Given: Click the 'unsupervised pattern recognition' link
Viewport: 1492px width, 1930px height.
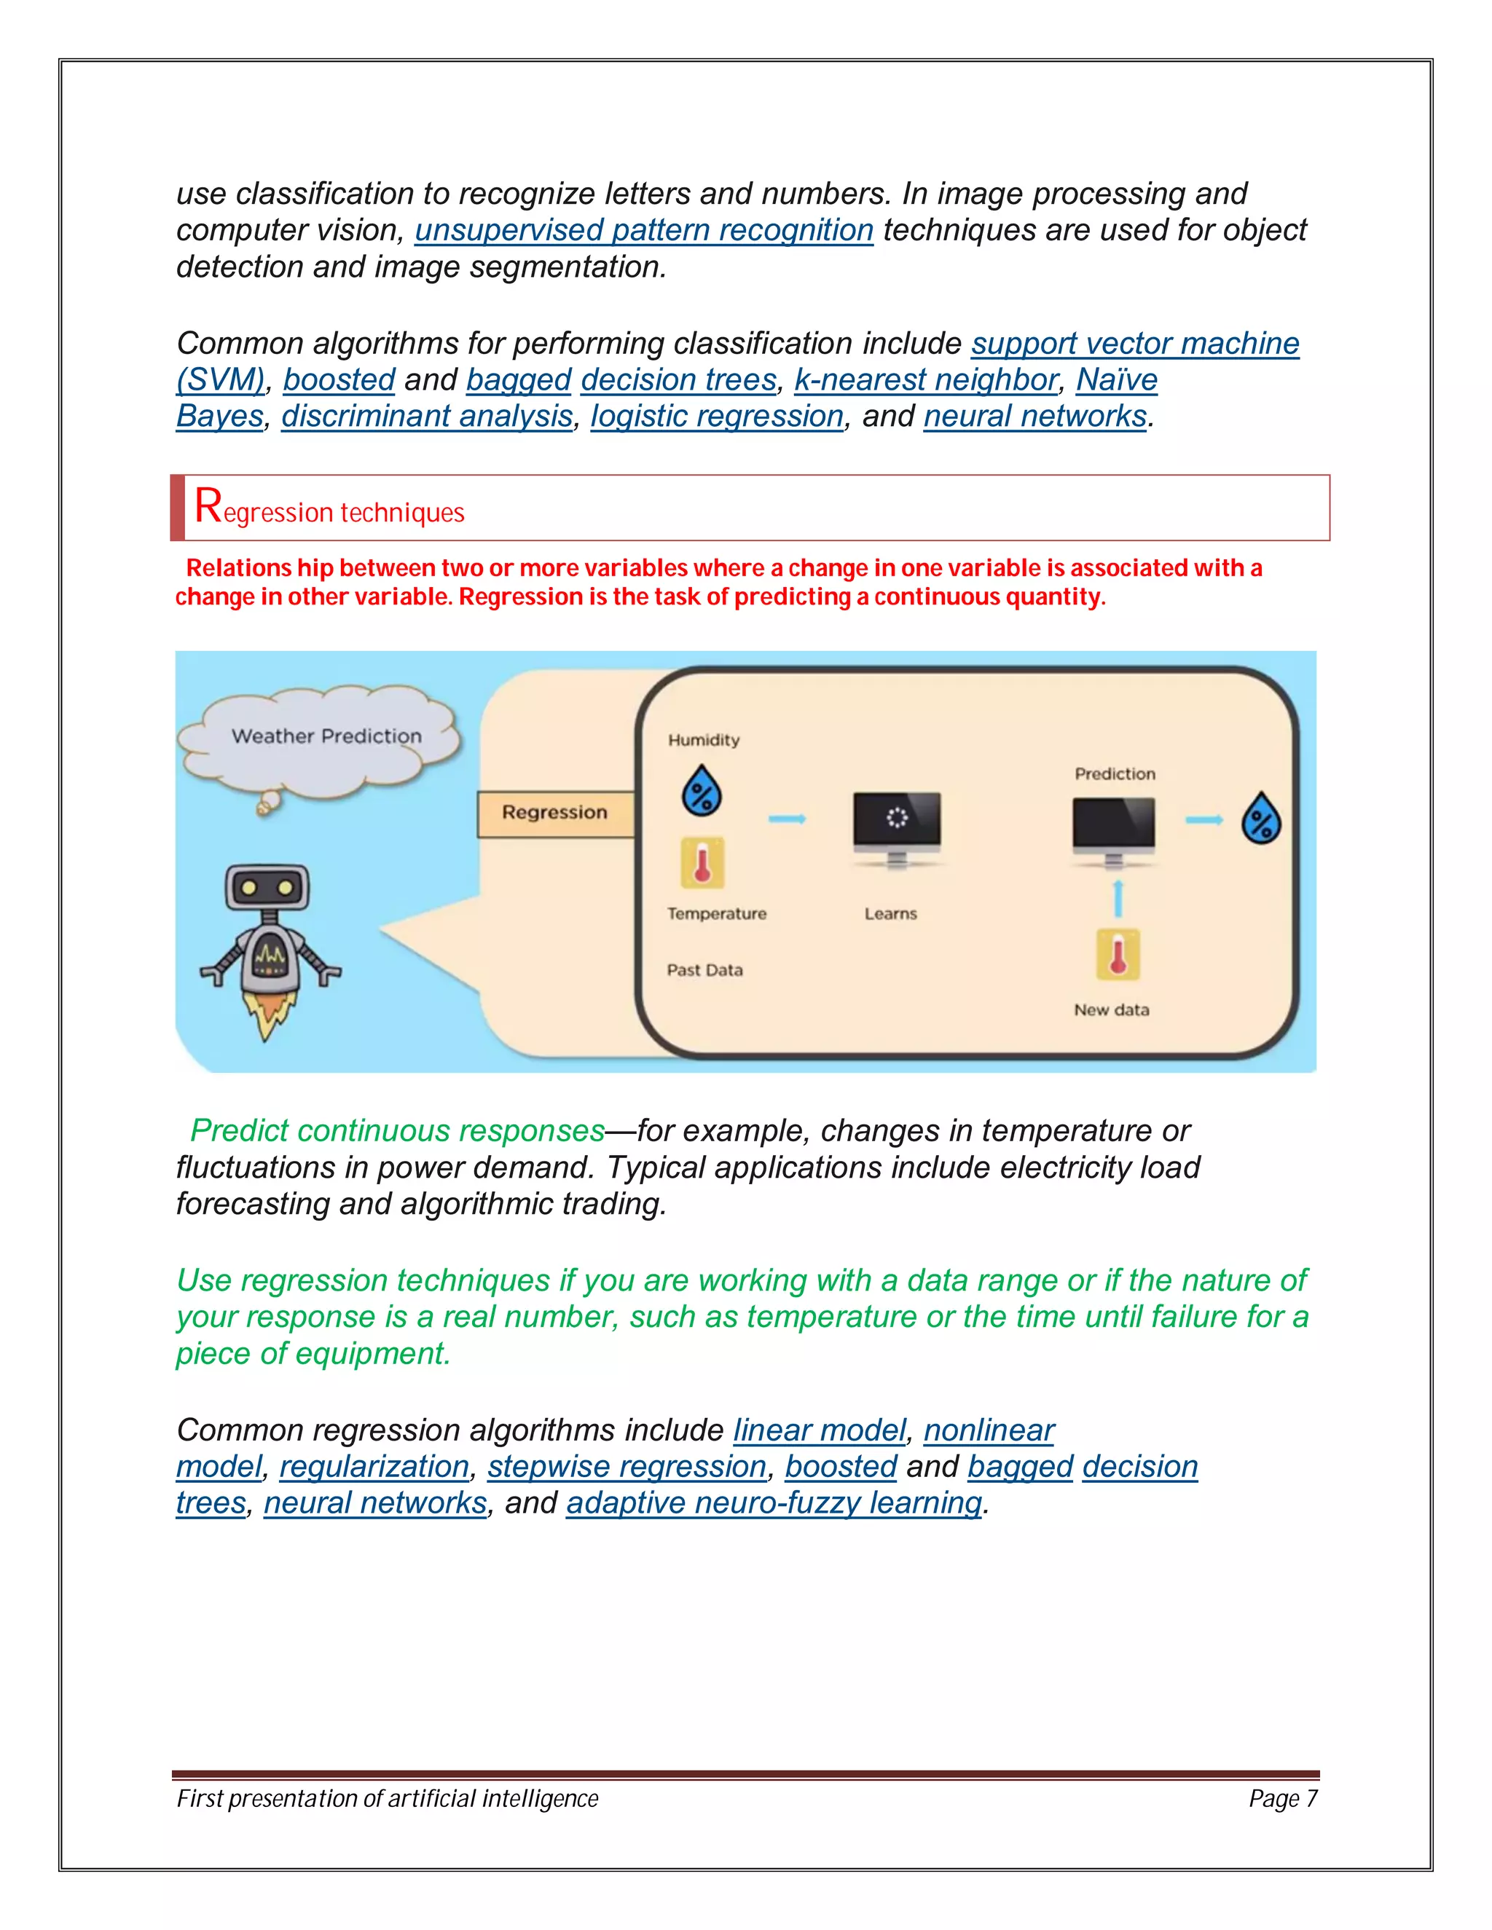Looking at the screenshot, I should pos(643,229).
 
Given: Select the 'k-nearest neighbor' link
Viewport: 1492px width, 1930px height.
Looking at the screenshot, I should pos(925,379).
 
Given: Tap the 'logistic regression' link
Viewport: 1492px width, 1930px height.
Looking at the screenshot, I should pos(717,415).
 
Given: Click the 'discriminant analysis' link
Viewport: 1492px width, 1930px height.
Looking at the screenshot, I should pos(427,415).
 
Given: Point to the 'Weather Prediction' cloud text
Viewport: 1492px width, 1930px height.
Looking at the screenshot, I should pos(326,736).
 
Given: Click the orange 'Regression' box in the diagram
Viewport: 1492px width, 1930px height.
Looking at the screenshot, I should pos(555,812).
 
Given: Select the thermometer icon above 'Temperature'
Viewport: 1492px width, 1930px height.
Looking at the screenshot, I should pos(702,862).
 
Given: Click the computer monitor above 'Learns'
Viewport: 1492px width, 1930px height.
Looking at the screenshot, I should pos(896,821).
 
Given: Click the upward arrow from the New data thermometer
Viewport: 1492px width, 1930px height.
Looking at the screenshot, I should pos(1118,899).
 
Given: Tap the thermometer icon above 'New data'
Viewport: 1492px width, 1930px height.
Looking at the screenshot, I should pos(1118,954).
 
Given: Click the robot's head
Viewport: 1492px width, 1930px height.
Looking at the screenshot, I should pos(267,887).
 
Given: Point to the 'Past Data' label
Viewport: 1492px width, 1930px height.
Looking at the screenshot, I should pos(704,969).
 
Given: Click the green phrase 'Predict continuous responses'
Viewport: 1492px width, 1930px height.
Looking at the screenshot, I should pos(398,1130).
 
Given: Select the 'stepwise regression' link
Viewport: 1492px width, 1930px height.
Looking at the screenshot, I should pos(627,1466).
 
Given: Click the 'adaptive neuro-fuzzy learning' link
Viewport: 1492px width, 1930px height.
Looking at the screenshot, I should pos(774,1502).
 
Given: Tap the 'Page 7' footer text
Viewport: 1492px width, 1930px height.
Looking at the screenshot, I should pos(1282,1798).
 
